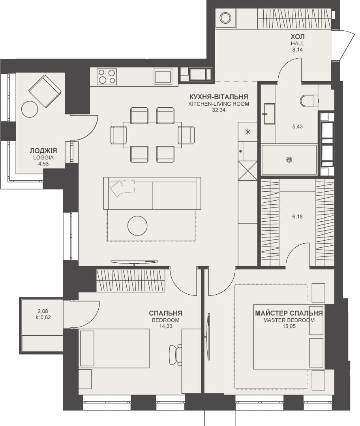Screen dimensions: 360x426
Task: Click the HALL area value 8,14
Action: click(x=298, y=50)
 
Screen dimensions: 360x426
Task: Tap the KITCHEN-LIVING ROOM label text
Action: click(x=219, y=104)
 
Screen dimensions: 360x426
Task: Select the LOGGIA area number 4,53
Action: click(x=43, y=164)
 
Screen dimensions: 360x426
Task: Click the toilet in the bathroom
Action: click(x=309, y=101)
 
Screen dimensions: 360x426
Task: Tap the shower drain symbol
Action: click(x=289, y=160)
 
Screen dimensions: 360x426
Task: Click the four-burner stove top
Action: click(x=107, y=76)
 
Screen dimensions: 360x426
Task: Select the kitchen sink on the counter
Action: click(x=163, y=76)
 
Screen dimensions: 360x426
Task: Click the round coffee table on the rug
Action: click(x=138, y=226)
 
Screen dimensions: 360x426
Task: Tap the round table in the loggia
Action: click(x=30, y=109)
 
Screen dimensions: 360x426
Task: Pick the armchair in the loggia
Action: click(x=44, y=91)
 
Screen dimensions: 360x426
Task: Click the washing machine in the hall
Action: click(x=225, y=19)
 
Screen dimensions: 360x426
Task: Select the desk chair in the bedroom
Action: click(x=175, y=355)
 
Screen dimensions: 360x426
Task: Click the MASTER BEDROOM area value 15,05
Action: click(x=289, y=326)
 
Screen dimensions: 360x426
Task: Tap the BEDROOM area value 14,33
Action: click(x=165, y=326)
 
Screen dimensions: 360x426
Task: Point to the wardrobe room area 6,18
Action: click(x=298, y=217)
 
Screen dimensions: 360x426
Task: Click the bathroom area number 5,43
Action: click(x=298, y=127)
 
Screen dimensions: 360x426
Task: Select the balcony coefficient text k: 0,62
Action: click(x=43, y=317)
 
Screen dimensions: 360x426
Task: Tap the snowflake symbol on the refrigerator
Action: click(x=247, y=132)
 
